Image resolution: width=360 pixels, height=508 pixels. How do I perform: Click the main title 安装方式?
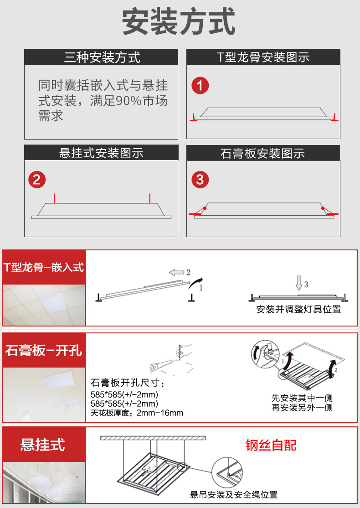point(178,22)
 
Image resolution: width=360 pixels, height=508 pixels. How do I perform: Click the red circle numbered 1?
point(200,86)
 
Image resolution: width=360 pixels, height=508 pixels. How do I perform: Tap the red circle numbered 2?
point(37,180)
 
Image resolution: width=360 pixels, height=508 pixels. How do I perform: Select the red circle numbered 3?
point(200,180)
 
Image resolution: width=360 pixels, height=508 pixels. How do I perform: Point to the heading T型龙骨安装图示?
point(263,57)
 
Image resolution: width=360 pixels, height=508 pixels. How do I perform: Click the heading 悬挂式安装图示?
point(101,153)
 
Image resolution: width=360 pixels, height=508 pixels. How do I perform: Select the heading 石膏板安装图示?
point(262,153)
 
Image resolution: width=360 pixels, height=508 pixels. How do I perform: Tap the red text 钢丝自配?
point(271,445)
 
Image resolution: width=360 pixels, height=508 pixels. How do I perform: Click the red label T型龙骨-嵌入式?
point(44,268)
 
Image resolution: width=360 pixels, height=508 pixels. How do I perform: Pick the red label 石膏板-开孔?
point(44,351)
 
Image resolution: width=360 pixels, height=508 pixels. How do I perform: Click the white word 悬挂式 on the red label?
point(43,445)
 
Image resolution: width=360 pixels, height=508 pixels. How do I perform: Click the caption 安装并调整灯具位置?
point(298,309)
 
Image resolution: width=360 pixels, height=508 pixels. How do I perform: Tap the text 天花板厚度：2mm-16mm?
point(137,413)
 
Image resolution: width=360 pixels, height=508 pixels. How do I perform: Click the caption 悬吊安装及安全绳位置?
point(234,495)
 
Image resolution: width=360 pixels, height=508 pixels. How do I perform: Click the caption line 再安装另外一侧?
point(302,408)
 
